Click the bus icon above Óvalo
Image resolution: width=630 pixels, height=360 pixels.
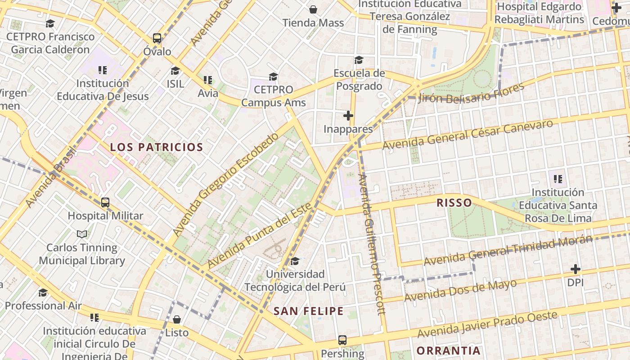point(157,38)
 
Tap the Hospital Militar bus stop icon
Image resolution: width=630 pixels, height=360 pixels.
point(105,202)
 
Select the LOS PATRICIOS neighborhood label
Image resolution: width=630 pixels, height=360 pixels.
point(157,147)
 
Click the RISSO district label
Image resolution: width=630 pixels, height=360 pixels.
point(454,202)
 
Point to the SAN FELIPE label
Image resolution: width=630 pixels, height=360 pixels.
point(309,311)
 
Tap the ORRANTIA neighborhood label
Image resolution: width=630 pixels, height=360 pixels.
point(448,351)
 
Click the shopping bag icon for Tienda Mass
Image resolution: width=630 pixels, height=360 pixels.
point(313,9)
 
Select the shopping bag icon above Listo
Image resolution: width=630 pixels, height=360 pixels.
point(177,319)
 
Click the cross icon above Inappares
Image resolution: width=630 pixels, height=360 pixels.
point(348,116)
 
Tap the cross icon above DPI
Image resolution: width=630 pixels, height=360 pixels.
point(575,270)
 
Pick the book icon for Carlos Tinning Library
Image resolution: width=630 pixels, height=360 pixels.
point(82,234)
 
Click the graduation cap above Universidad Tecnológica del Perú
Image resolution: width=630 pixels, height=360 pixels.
point(295,261)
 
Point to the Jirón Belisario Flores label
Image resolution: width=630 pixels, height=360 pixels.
point(471,93)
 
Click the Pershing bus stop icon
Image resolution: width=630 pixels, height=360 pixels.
point(342,340)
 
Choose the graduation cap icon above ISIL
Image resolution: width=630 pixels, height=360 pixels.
point(175,71)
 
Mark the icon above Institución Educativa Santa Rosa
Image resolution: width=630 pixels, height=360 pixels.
point(558,179)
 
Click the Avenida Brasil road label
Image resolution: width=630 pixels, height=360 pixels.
point(49,178)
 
